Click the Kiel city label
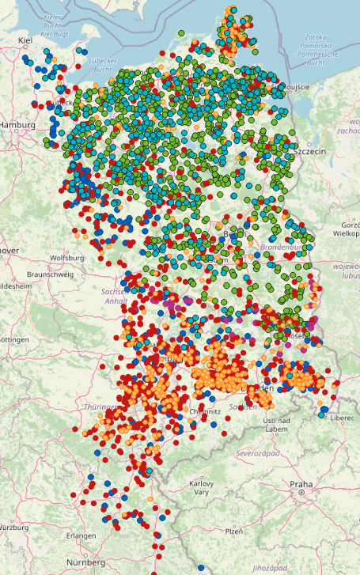click(24, 40)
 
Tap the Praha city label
click(301, 484)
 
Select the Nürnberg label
click(85, 562)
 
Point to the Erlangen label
click(81, 535)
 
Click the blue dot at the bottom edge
click(201, 569)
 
